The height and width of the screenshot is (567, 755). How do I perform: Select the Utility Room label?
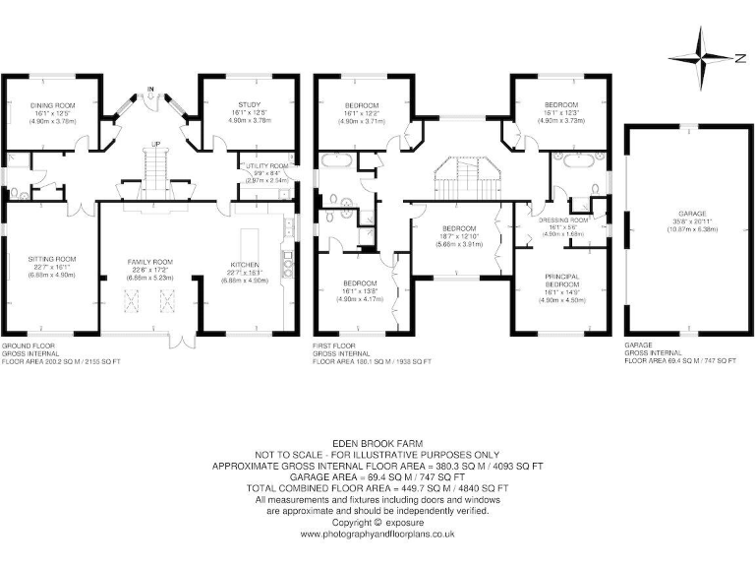(x=265, y=166)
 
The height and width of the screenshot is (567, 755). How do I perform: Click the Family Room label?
(x=148, y=262)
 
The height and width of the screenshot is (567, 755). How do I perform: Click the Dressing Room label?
(x=562, y=220)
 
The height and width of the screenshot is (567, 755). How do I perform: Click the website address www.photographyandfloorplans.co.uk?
(x=377, y=535)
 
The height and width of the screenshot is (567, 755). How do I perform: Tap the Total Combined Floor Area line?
(x=377, y=488)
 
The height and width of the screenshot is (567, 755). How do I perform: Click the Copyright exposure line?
(x=377, y=524)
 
